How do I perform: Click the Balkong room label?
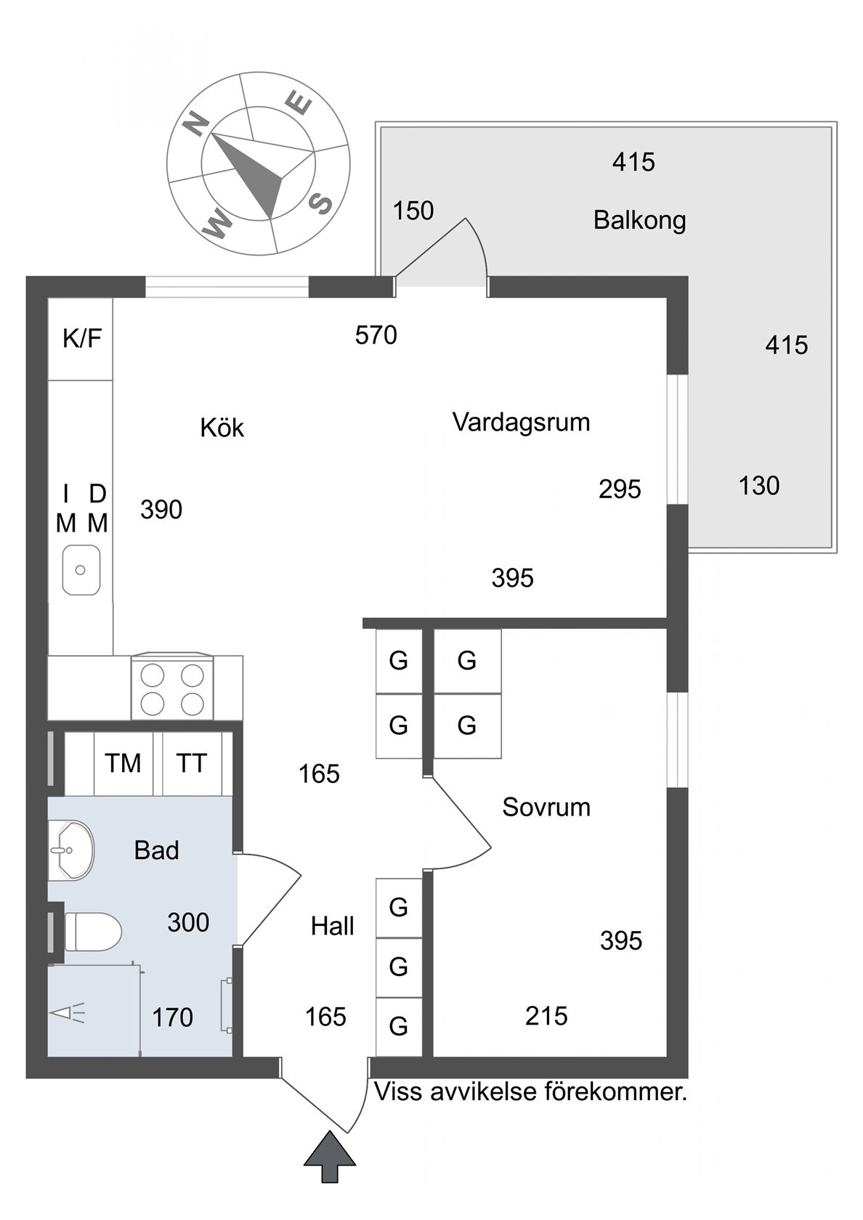tap(639, 221)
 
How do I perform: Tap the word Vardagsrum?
tap(522, 423)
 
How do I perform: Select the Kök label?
tap(222, 428)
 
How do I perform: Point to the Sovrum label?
tap(546, 808)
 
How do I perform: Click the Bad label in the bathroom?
tap(156, 850)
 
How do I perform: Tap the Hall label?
tap(333, 927)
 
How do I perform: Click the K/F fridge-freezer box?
tap(81, 338)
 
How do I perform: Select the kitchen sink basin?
tap(81, 570)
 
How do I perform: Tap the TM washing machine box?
tap(123, 764)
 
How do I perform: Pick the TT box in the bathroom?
tap(192, 764)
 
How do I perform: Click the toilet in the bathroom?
tap(93, 932)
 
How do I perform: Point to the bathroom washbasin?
tap(71, 850)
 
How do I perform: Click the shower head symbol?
tap(68, 1013)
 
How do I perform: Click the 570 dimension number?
tap(376, 335)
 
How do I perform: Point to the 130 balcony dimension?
tap(759, 486)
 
